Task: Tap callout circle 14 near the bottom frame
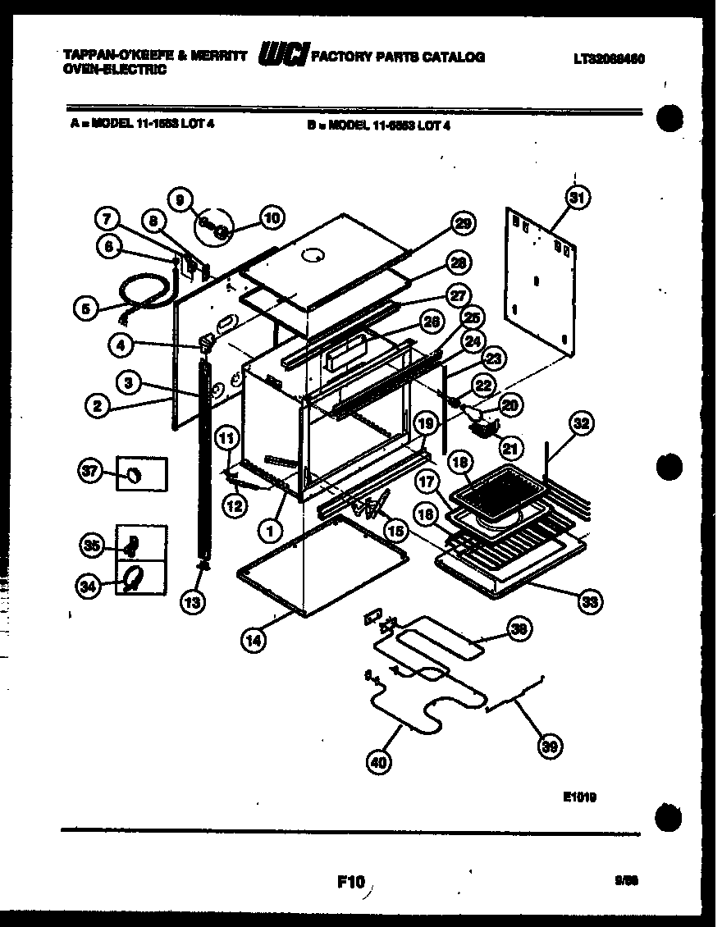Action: [x=255, y=642]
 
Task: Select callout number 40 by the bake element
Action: [x=378, y=762]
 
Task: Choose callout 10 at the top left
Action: [x=271, y=217]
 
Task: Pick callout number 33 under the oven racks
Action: [x=587, y=602]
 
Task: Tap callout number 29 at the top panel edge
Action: [x=464, y=224]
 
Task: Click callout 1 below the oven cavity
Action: [x=268, y=531]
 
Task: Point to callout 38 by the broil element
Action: [x=519, y=629]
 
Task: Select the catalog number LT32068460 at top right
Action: [x=608, y=59]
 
